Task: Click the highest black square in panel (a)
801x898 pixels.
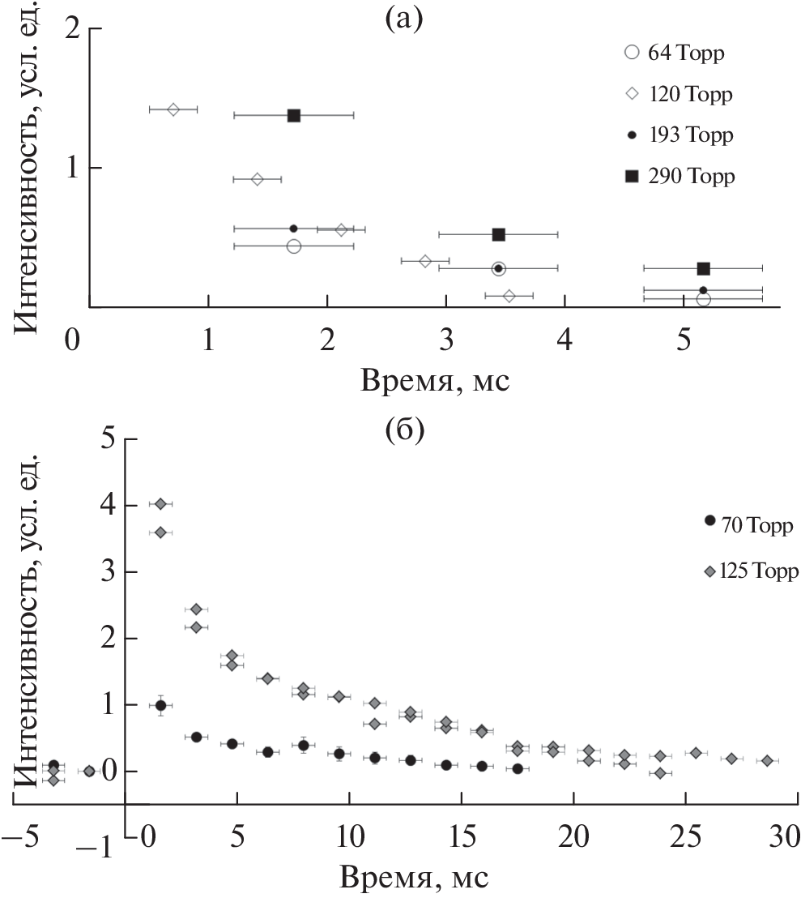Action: (294, 115)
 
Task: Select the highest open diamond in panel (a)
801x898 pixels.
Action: (173, 109)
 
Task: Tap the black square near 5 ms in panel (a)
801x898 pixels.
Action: (703, 268)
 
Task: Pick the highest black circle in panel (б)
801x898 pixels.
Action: (160, 705)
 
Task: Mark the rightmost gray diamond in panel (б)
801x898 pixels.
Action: (767, 760)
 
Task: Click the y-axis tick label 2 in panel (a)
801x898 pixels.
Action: (72, 29)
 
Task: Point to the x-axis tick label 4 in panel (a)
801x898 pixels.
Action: (565, 341)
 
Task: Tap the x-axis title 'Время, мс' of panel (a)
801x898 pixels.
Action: (429, 378)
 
